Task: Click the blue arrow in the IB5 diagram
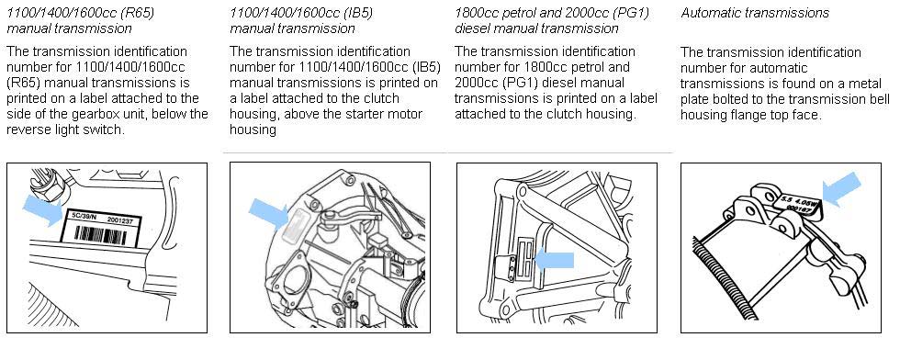click(x=268, y=213)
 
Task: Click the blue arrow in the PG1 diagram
click(x=554, y=260)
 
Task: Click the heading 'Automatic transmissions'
click(x=755, y=13)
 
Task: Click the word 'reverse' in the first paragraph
click(x=28, y=129)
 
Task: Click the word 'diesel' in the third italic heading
click(x=472, y=28)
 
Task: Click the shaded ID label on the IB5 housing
click(x=296, y=219)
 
